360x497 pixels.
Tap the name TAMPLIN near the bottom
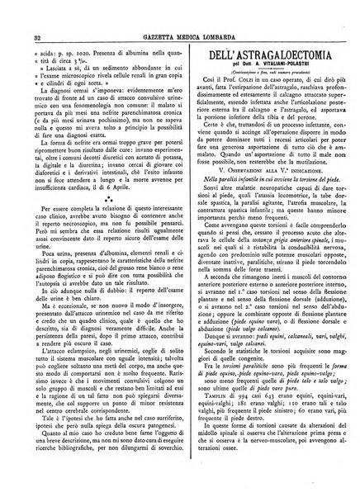tap(206, 422)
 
